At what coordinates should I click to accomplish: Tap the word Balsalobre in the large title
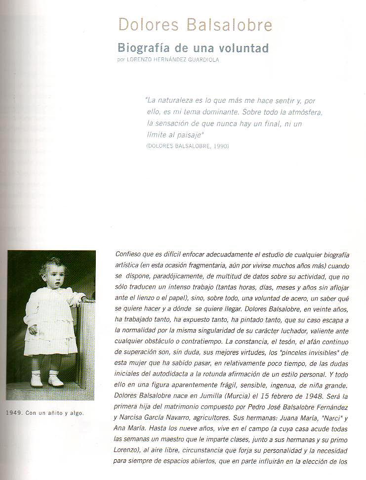tap(223, 25)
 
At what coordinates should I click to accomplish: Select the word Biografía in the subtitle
tap(143, 48)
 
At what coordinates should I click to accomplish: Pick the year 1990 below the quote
tap(220, 146)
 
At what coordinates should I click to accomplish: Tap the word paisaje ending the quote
tap(189, 134)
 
